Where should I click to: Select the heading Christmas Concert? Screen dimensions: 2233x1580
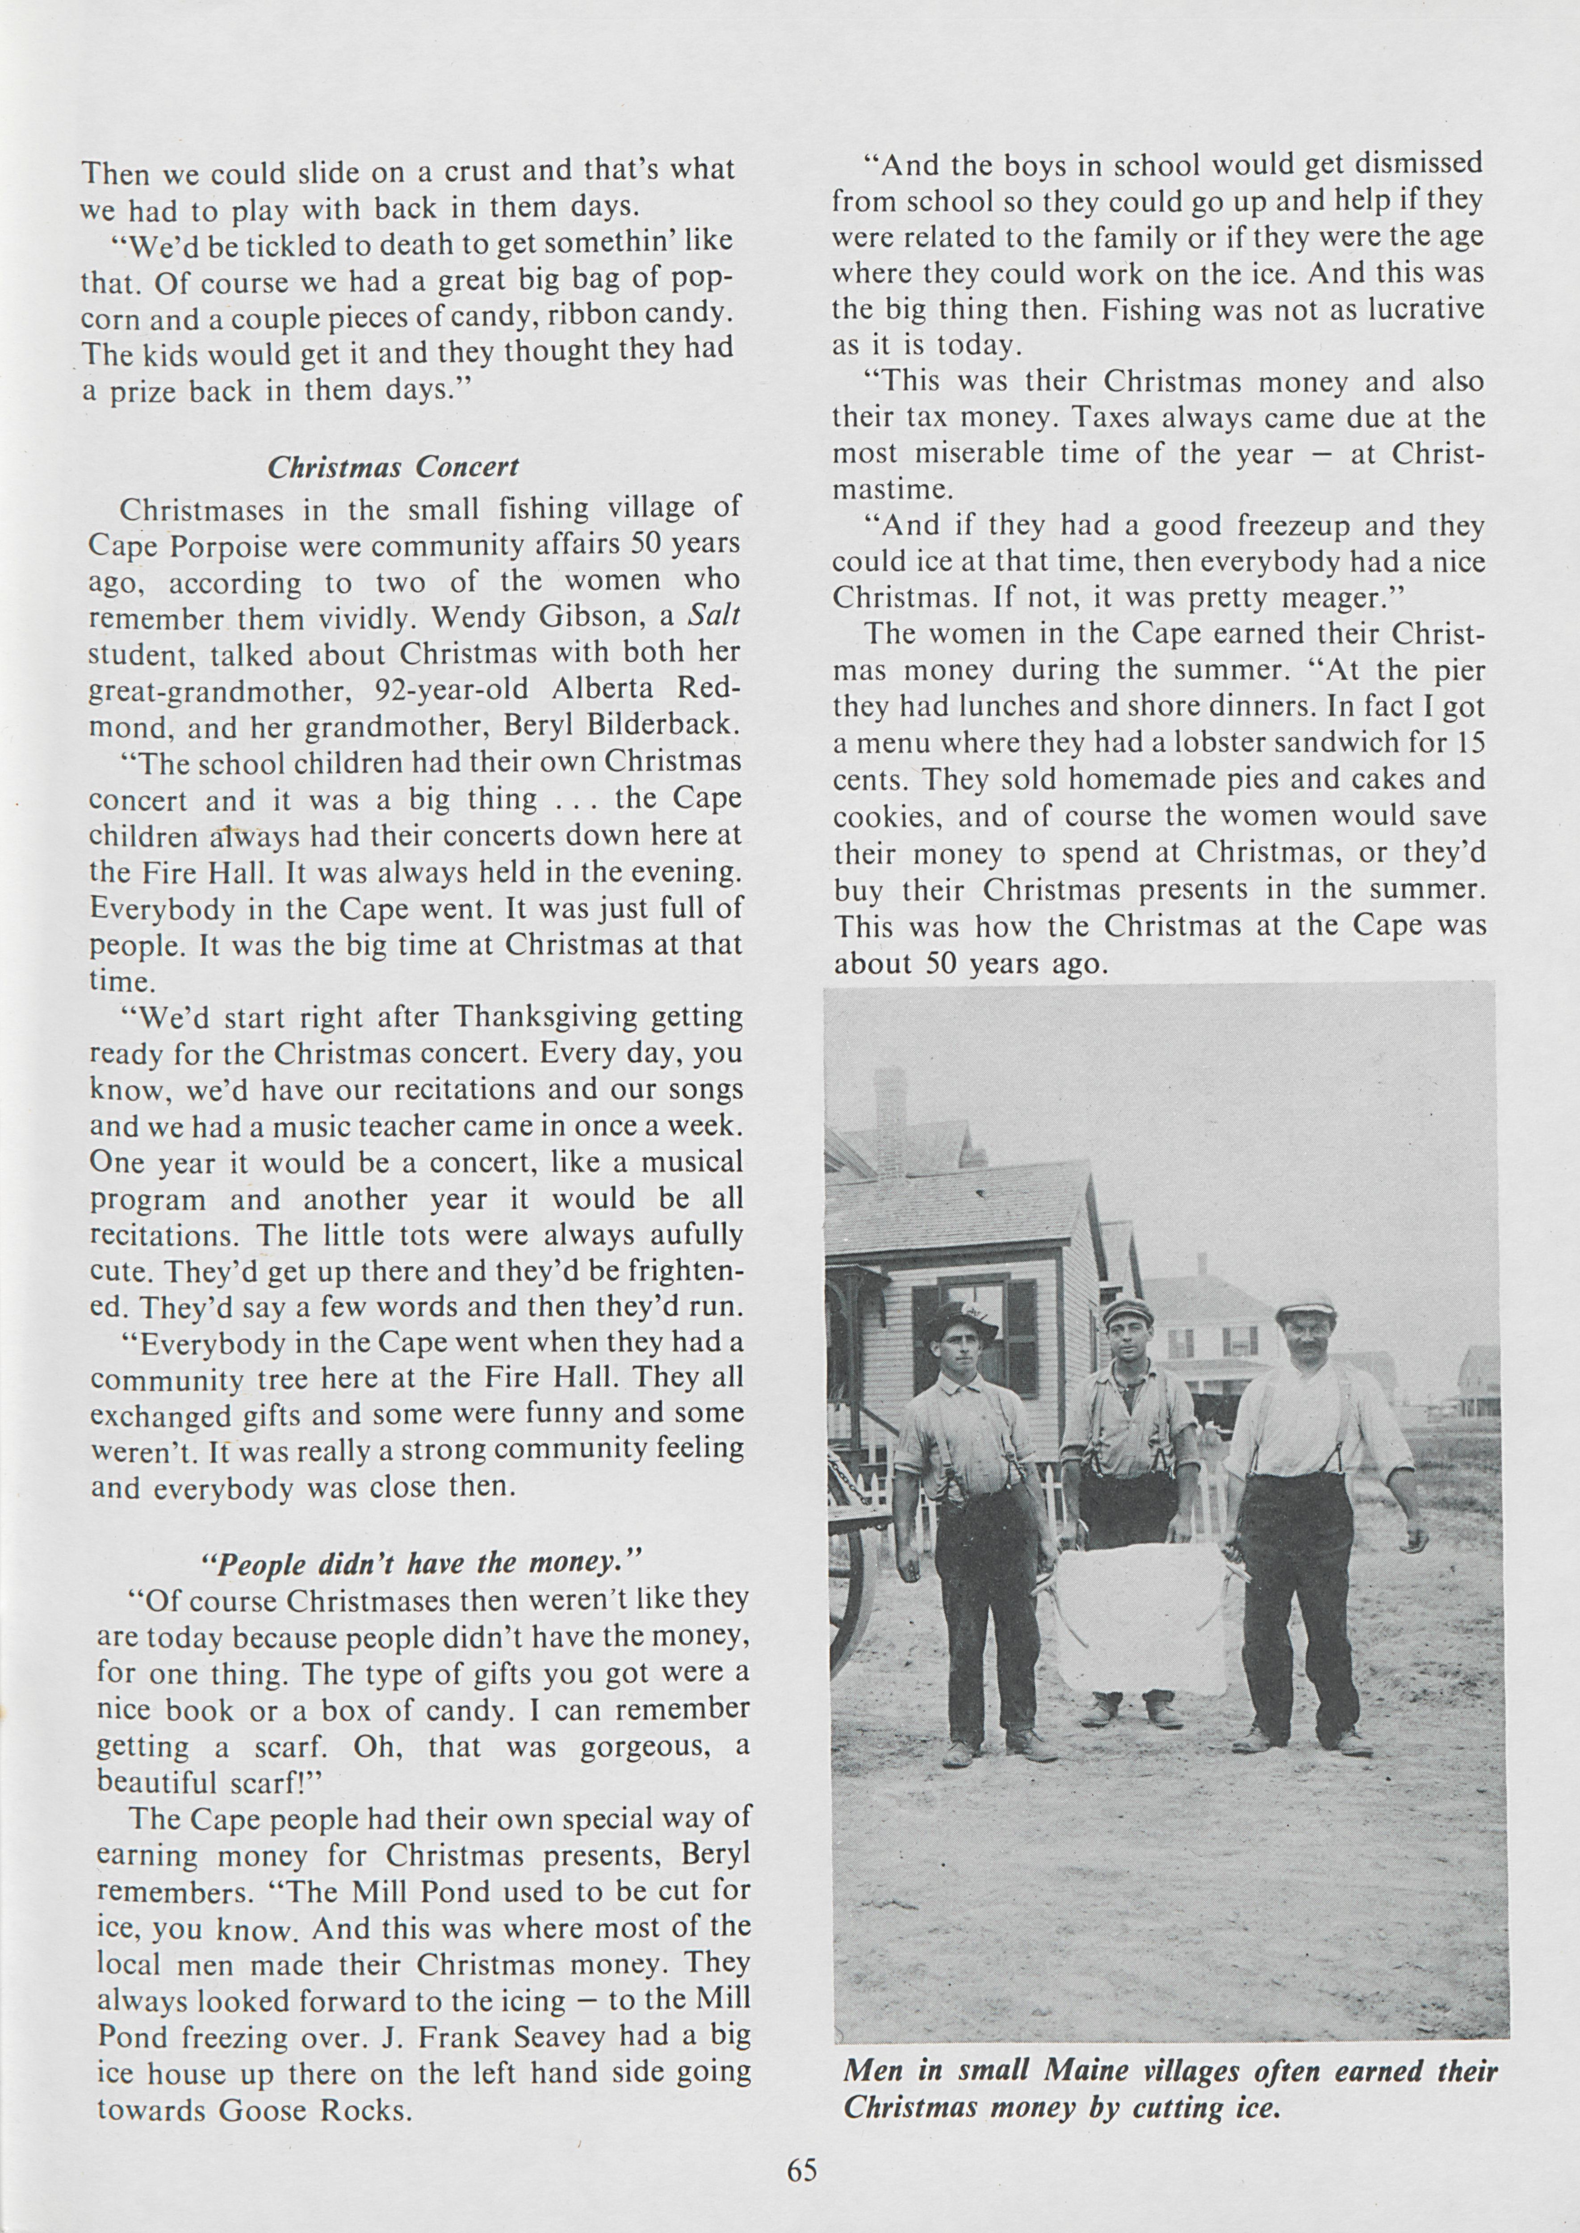click(x=393, y=467)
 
